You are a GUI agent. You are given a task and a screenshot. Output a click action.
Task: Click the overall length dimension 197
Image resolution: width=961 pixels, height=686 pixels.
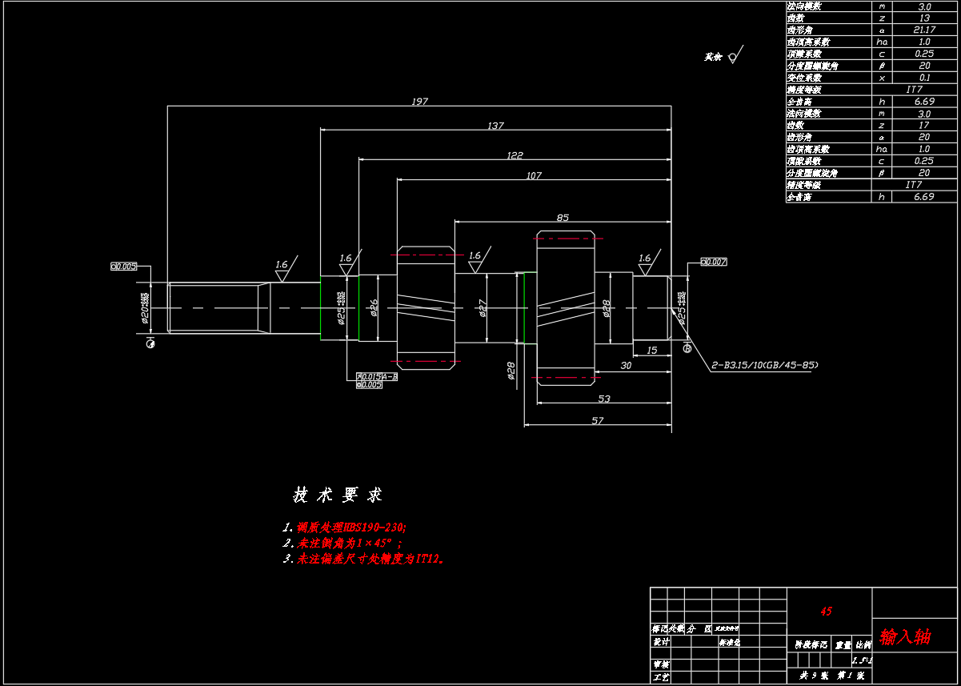coord(419,102)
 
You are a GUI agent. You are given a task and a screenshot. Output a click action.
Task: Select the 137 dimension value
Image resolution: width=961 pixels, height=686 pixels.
coord(495,126)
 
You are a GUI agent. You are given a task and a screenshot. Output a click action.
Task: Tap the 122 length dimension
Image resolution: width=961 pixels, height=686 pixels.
coord(514,155)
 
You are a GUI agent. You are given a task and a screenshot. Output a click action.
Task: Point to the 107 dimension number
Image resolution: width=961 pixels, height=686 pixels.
coord(533,175)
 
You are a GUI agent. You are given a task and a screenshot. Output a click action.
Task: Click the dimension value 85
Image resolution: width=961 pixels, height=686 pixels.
coord(563,217)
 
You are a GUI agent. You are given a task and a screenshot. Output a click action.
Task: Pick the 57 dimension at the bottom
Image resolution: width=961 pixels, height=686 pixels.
coord(597,421)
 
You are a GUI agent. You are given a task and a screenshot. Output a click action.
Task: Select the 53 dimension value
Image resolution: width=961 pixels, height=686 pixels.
coord(603,399)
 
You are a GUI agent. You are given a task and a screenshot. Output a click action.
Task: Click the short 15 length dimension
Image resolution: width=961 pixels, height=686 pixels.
coord(651,351)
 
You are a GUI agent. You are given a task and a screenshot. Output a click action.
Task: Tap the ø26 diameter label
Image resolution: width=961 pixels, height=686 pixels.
coord(374,308)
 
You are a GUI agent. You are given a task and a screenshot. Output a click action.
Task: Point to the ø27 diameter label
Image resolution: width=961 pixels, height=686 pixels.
coord(483,308)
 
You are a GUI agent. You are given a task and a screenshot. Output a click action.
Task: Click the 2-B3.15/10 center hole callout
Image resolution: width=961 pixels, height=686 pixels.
coord(764,365)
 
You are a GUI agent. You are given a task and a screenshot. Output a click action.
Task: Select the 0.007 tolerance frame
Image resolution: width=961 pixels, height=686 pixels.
coord(714,262)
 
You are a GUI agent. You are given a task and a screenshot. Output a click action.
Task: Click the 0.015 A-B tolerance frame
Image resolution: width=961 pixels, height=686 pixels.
coord(377,376)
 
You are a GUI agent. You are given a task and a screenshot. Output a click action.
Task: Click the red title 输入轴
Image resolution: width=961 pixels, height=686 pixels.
coord(905,637)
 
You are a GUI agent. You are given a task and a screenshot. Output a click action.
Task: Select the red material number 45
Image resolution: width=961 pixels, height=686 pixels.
coord(827,612)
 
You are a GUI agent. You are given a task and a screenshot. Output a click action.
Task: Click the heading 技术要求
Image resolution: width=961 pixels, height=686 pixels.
coord(338,495)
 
